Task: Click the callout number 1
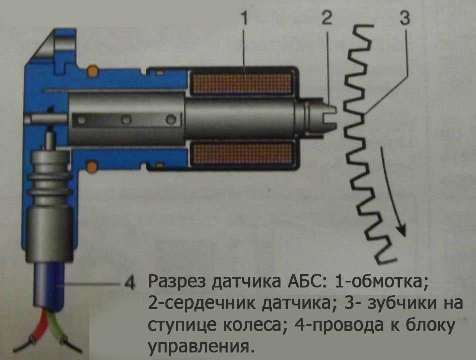pyautogui.click(x=244, y=20)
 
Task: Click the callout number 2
pyautogui.click(x=326, y=20)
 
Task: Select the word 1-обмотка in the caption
pyautogui.click(x=382, y=283)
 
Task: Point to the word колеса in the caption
pyautogui.click(x=252, y=325)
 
